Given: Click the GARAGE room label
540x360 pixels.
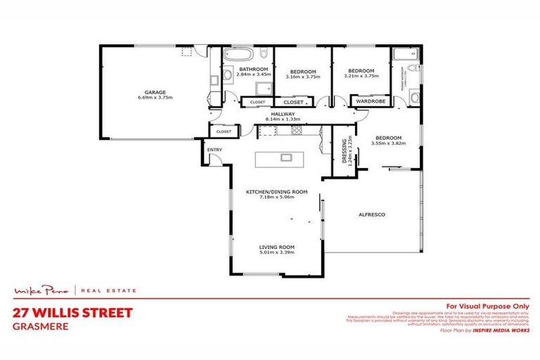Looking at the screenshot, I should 155,92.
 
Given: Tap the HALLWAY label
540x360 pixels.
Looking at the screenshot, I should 283,113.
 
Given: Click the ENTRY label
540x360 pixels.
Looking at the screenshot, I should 214,149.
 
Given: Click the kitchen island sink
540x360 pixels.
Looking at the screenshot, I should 287,157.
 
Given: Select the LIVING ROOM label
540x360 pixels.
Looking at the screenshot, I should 276,247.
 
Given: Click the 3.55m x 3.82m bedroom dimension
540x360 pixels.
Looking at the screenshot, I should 387,145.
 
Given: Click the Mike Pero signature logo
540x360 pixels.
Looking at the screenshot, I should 43,290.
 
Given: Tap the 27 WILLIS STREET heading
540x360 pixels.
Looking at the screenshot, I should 72,312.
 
